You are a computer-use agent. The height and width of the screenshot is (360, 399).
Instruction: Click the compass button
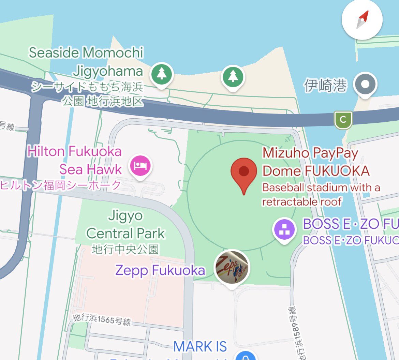click(362, 20)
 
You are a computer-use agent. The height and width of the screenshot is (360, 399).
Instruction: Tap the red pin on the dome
click(243, 172)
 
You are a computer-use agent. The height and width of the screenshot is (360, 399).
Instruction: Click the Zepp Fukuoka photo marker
click(232, 268)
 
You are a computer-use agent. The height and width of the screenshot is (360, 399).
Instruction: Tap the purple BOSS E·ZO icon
click(284, 229)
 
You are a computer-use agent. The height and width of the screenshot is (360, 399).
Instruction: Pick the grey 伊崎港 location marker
click(365, 84)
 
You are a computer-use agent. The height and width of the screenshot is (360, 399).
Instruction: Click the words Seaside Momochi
click(86, 53)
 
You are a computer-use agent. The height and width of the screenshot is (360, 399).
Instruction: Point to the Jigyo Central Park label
click(125, 225)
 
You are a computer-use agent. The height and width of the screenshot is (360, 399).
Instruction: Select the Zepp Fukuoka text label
click(160, 270)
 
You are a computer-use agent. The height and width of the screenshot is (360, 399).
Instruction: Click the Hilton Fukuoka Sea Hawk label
click(74, 160)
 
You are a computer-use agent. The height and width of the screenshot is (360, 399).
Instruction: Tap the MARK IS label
click(200, 347)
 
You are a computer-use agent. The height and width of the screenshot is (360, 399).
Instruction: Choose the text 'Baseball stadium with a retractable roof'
click(321, 195)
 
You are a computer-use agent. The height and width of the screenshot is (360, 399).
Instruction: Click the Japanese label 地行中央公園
click(125, 249)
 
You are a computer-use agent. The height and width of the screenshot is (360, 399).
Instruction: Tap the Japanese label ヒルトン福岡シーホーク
click(61, 185)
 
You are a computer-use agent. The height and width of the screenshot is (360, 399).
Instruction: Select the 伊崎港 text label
click(325, 85)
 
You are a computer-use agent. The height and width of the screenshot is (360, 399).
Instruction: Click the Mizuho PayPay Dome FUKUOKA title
click(315, 162)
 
